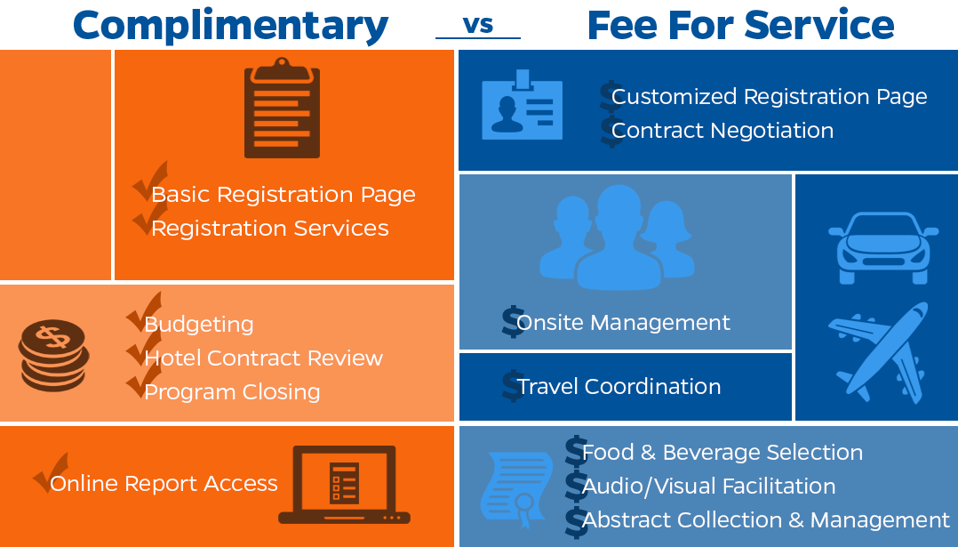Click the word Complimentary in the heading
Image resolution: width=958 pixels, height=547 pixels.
pos(230,27)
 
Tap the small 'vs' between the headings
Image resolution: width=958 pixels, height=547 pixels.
pos(478,25)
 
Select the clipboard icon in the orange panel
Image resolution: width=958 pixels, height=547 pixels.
pos(282,108)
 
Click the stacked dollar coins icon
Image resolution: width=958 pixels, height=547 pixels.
pos(53,355)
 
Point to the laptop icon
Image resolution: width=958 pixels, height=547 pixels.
pos(344,485)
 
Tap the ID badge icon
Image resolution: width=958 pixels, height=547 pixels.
pos(522,105)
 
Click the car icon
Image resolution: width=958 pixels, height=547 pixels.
pos(882,247)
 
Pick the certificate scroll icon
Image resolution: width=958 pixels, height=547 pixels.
pos(516,489)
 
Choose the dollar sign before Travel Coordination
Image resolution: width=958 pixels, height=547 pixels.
pos(513,386)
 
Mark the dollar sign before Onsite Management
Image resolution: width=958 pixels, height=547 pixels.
pos(513,321)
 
